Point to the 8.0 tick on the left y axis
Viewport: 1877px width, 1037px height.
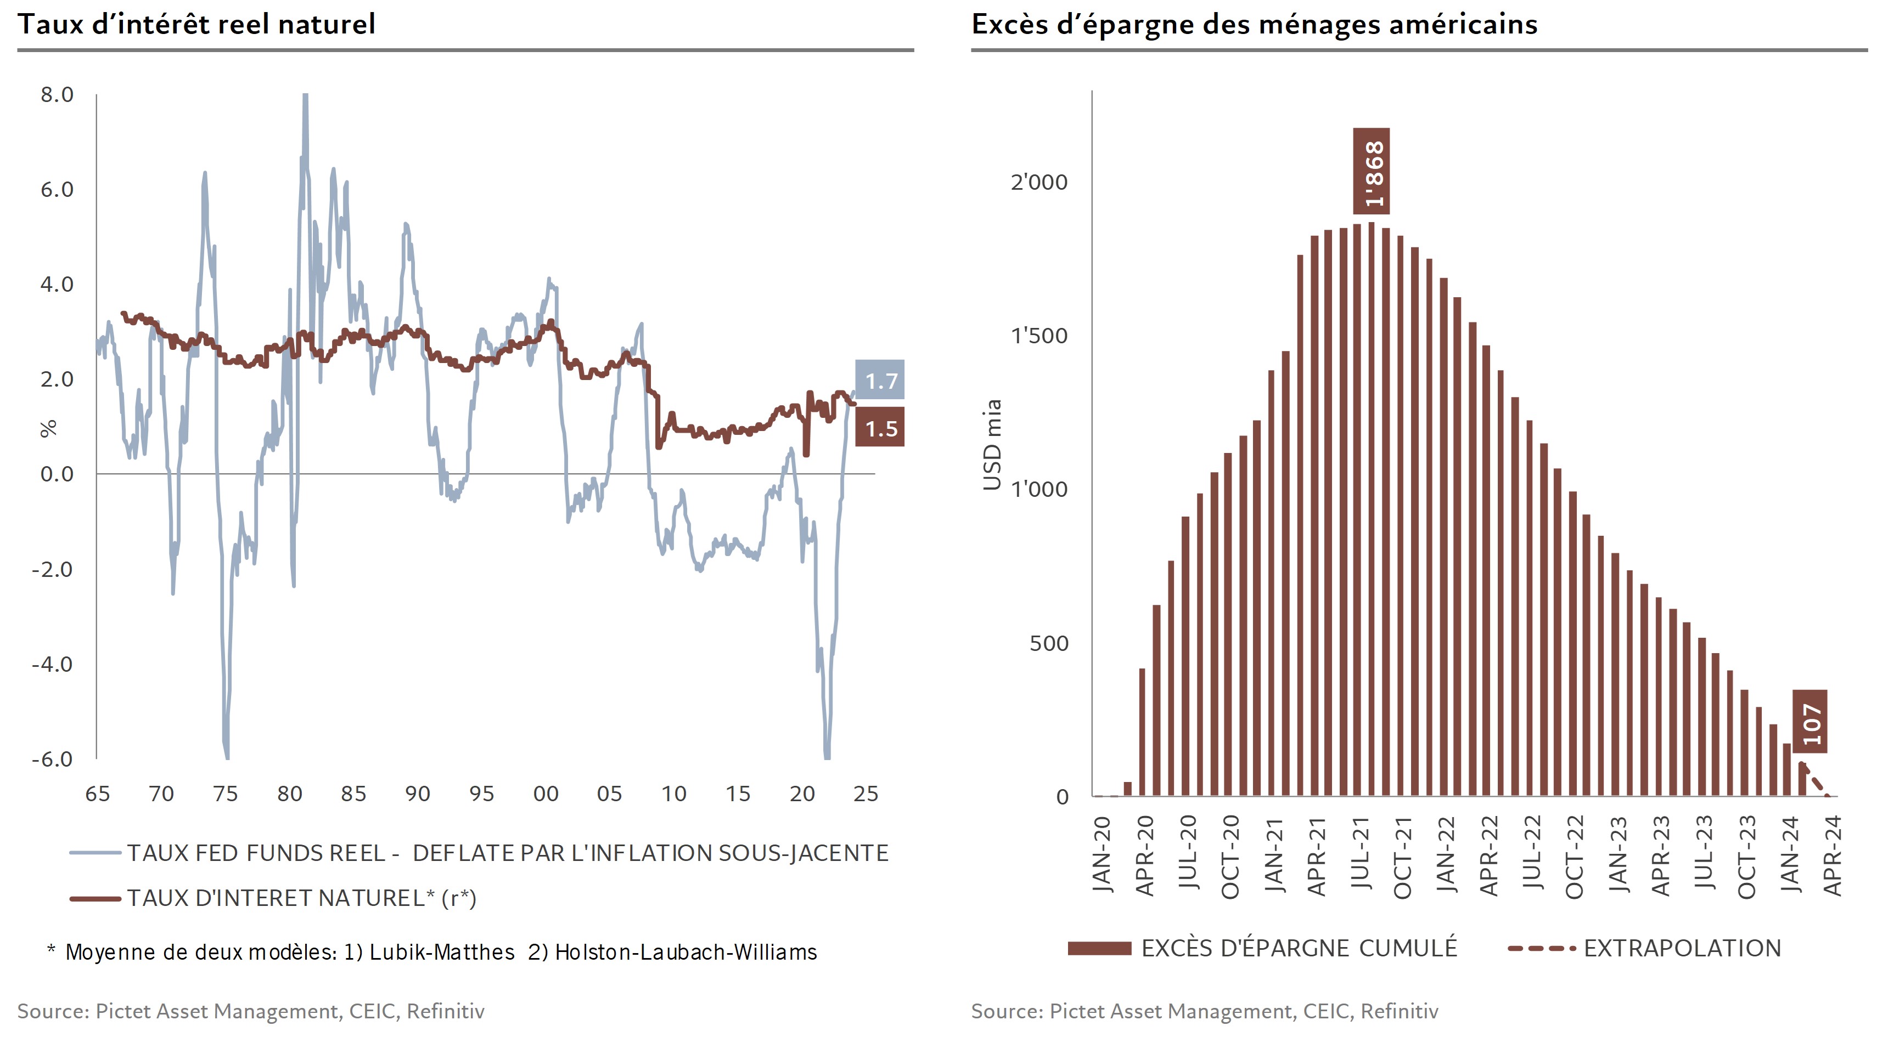(x=57, y=95)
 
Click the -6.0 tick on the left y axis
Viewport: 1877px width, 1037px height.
(x=53, y=759)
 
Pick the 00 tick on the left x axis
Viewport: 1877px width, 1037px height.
(x=546, y=794)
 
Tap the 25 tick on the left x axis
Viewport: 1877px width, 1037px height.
(x=866, y=794)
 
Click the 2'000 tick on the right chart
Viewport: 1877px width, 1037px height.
(x=1038, y=182)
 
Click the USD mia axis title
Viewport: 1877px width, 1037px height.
(x=992, y=444)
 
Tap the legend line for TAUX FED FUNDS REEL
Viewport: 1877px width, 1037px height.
(x=95, y=853)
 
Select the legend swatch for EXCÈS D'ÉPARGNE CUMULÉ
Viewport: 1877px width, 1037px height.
(x=1099, y=948)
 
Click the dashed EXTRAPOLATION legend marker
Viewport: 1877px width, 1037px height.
(x=1541, y=948)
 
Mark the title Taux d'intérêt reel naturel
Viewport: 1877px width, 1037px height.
(x=196, y=24)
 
